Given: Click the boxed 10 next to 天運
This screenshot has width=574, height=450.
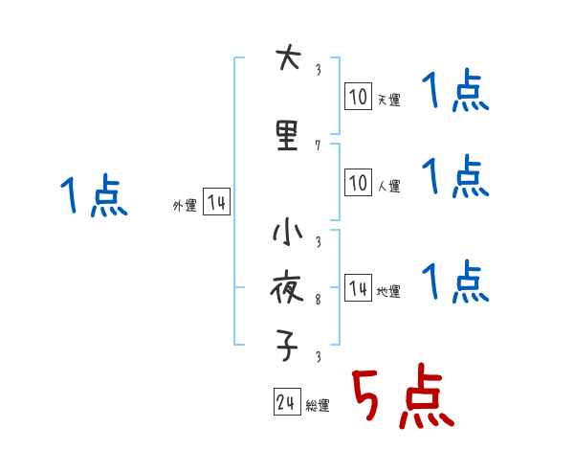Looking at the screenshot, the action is tap(358, 96).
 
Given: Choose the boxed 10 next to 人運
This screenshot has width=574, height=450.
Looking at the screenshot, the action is tap(358, 182).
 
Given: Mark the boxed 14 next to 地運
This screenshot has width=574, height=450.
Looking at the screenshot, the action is tap(358, 288).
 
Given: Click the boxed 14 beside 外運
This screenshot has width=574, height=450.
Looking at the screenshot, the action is tap(216, 203).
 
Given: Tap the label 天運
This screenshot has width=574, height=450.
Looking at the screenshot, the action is tap(388, 100).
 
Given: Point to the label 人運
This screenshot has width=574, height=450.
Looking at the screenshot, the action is tap(388, 186).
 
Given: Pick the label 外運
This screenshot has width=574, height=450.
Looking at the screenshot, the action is tap(184, 206).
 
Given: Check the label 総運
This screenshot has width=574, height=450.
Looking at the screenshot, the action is tap(318, 406).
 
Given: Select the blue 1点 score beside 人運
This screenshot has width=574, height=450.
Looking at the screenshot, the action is tap(455, 176).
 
